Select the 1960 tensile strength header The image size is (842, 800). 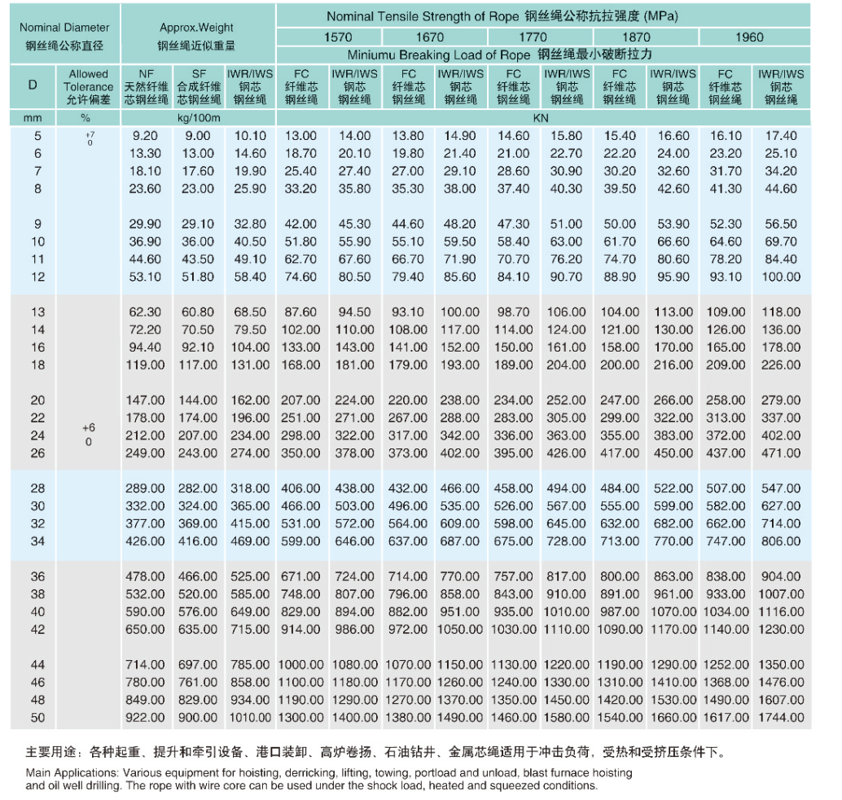(749, 37)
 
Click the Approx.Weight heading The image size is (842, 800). (197, 27)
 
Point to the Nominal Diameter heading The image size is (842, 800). (64, 27)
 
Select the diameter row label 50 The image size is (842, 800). (37, 718)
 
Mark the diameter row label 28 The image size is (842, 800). (37, 488)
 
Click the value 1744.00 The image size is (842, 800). (781, 718)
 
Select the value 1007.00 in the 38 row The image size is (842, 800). (781, 594)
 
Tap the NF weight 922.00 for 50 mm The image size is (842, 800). (147, 718)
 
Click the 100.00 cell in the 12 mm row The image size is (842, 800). (781, 277)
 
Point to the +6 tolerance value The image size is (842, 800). (89, 428)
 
